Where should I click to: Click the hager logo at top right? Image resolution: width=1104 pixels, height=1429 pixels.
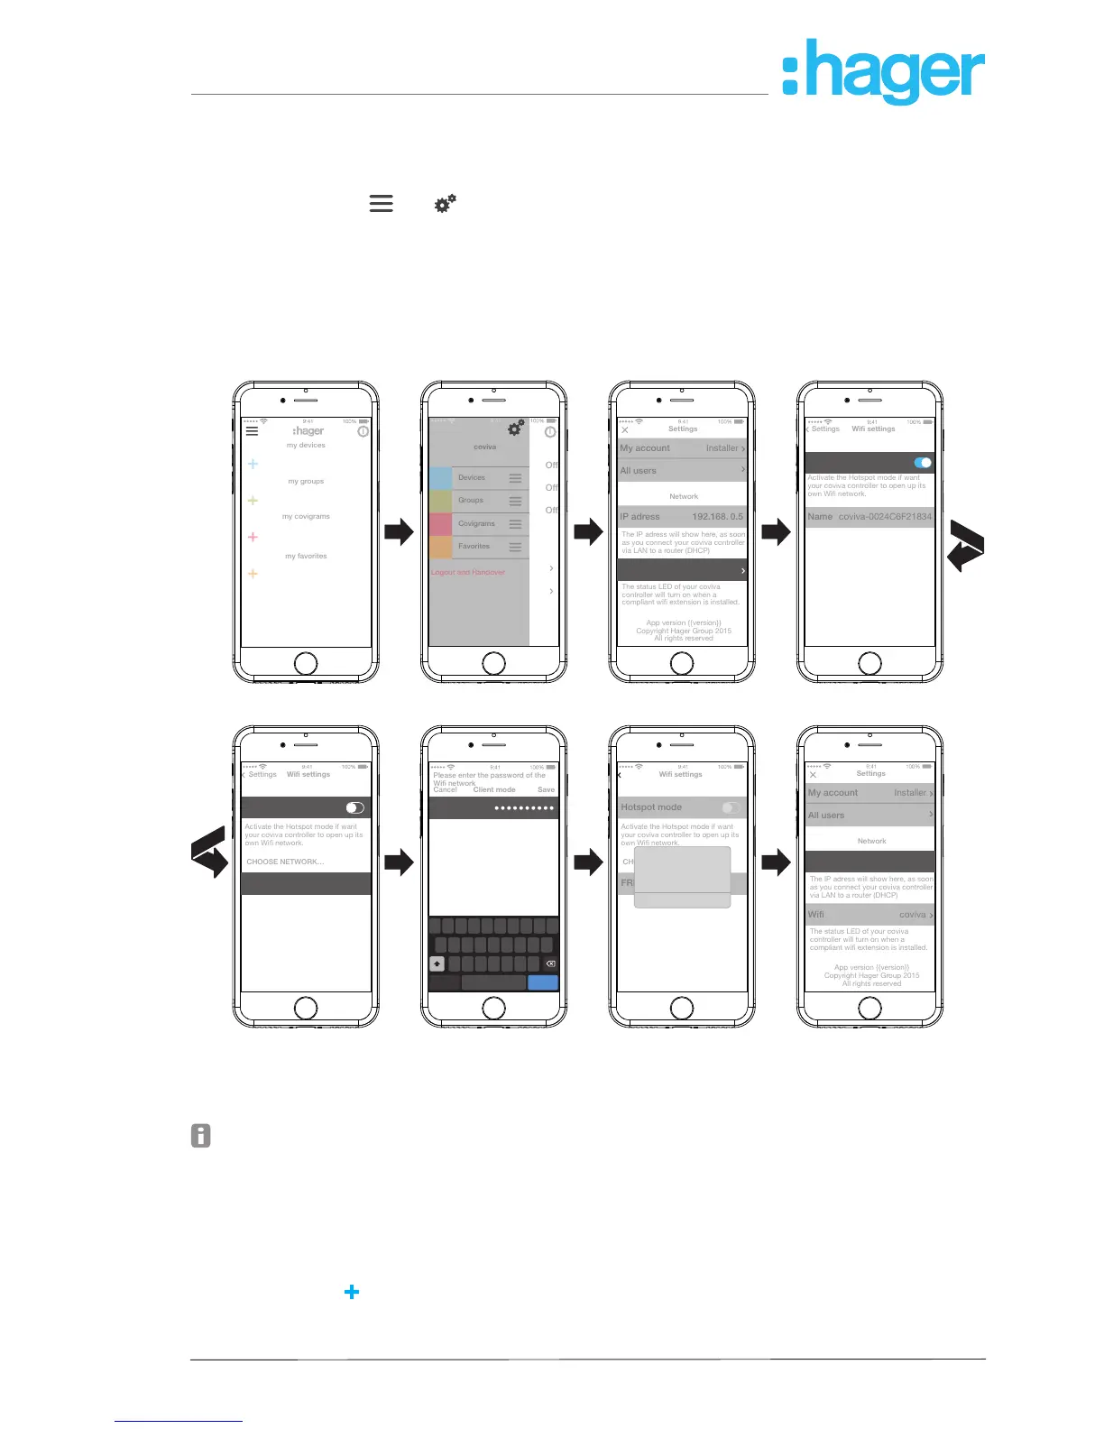pos(883,72)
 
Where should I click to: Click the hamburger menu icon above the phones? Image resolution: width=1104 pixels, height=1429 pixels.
pos(382,204)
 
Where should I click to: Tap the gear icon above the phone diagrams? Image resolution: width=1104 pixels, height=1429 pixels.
pos(446,204)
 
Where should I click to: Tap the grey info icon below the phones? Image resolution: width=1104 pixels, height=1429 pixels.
pos(201,1136)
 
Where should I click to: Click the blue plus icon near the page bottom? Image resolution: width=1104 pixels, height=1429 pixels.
pos(352,1292)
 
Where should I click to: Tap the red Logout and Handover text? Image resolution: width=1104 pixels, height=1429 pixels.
pos(468,572)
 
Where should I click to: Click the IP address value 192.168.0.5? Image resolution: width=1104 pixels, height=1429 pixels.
pos(717,517)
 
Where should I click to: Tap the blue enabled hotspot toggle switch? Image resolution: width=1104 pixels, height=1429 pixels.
pos(922,463)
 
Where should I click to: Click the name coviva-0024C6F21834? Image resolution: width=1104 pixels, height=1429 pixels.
pos(884,517)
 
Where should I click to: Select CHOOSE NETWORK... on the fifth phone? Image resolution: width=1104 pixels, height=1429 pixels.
pos(285,862)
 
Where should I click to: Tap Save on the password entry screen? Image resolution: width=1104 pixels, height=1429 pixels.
pos(546,789)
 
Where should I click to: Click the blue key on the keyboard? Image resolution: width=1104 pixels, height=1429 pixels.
pos(542,982)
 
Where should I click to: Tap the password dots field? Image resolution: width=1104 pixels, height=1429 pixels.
pos(523,807)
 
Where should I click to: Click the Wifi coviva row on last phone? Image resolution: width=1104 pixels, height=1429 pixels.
pos(869,914)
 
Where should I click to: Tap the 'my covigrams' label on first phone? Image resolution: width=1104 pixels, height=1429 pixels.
pos(306,517)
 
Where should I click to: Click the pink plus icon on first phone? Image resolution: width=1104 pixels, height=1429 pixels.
pos(253,537)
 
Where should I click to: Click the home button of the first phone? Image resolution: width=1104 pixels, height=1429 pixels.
pos(306,663)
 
